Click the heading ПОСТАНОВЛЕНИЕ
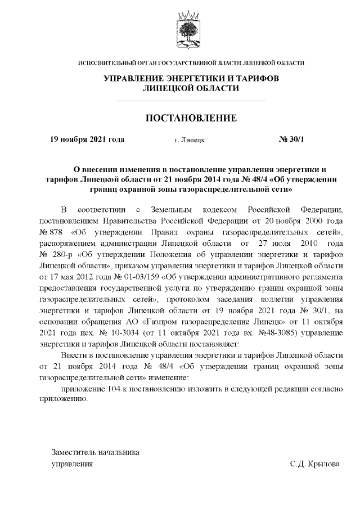pyautogui.click(x=191, y=118)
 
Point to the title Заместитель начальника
pyautogui.click(x=95, y=452)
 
